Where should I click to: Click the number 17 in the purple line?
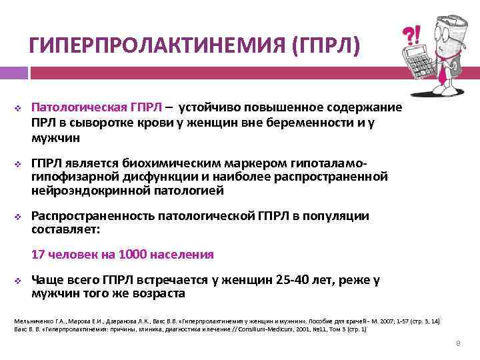pos(39,254)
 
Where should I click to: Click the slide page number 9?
pos(458,343)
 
